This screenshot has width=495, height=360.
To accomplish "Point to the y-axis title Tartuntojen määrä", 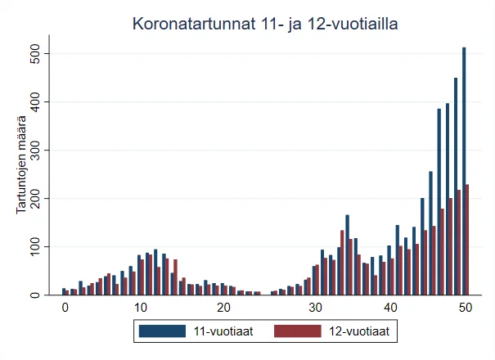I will pos(22,167).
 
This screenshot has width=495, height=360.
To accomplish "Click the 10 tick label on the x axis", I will pos(141,308).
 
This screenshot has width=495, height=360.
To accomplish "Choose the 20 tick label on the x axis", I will pos(223,308).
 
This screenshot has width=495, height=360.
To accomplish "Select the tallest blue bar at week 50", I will pos(464,172).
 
